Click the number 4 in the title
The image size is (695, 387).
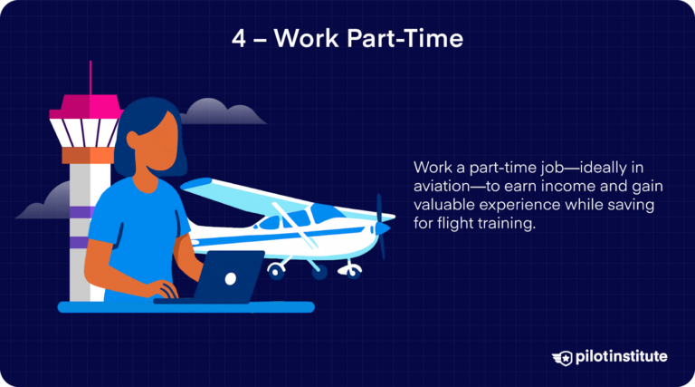click(x=238, y=42)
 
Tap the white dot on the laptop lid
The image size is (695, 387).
click(x=232, y=277)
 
